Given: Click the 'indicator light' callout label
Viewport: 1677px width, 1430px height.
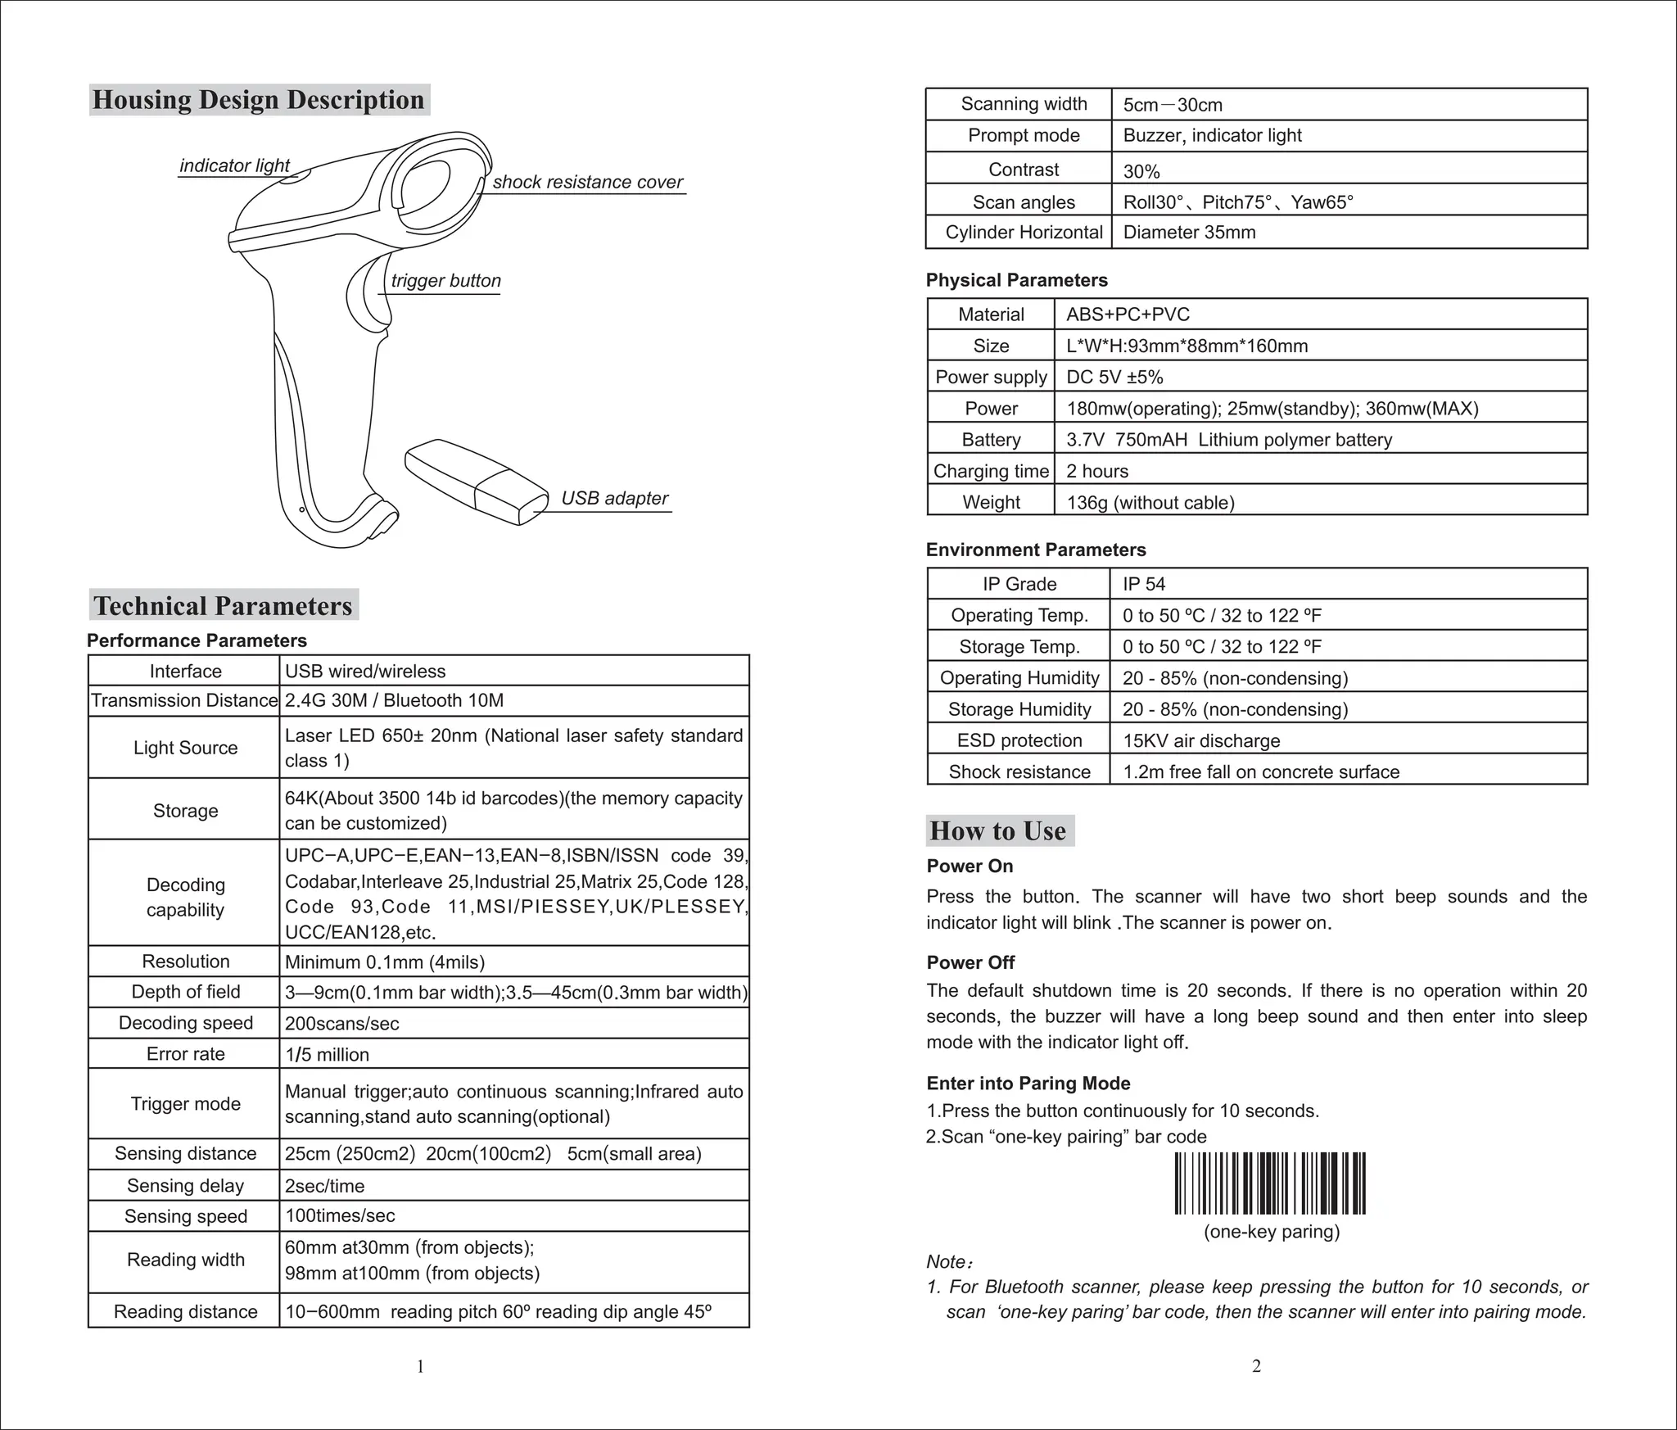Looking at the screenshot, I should pyautogui.click(x=234, y=165).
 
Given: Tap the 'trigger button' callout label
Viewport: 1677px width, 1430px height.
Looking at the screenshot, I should pyautogui.click(x=445, y=281).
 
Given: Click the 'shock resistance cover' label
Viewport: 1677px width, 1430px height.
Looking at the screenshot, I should pyautogui.click(x=587, y=182).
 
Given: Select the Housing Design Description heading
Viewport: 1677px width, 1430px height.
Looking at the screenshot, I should pyautogui.click(x=259, y=100).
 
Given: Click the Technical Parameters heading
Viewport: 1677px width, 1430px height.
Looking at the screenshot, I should pyautogui.click(x=223, y=605).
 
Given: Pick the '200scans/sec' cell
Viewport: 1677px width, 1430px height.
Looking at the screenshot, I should pyautogui.click(x=341, y=1023).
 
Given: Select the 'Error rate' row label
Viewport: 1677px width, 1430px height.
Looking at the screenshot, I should pyautogui.click(x=185, y=1054).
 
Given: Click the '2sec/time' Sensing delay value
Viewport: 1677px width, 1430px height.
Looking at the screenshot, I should pyautogui.click(x=324, y=1185).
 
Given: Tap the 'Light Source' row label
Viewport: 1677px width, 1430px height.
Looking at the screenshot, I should pyautogui.click(x=185, y=748).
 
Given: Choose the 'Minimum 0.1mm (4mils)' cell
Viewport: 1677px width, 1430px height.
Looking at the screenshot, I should pyautogui.click(x=384, y=962).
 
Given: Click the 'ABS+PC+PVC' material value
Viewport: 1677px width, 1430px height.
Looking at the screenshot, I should pyautogui.click(x=1128, y=315).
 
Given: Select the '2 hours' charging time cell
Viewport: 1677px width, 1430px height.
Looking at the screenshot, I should pyautogui.click(x=1096, y=471).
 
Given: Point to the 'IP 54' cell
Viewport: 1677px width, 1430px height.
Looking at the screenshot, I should pyautogui.click(x=1143, y=584).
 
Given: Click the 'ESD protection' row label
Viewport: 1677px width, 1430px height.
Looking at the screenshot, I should pyautogui.click(x=1019, y=740).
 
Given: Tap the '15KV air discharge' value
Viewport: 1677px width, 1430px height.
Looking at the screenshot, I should pyautogui.click(x=1200, y=740).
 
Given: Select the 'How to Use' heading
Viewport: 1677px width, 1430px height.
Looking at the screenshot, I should pyautogui.click(x=998, y=830).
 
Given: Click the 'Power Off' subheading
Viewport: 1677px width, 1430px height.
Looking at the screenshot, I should pyautogui.click(x=970, y=962).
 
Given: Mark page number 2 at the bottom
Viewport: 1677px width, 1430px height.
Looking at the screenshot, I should pyautogui.click(x=1256, y=1365).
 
